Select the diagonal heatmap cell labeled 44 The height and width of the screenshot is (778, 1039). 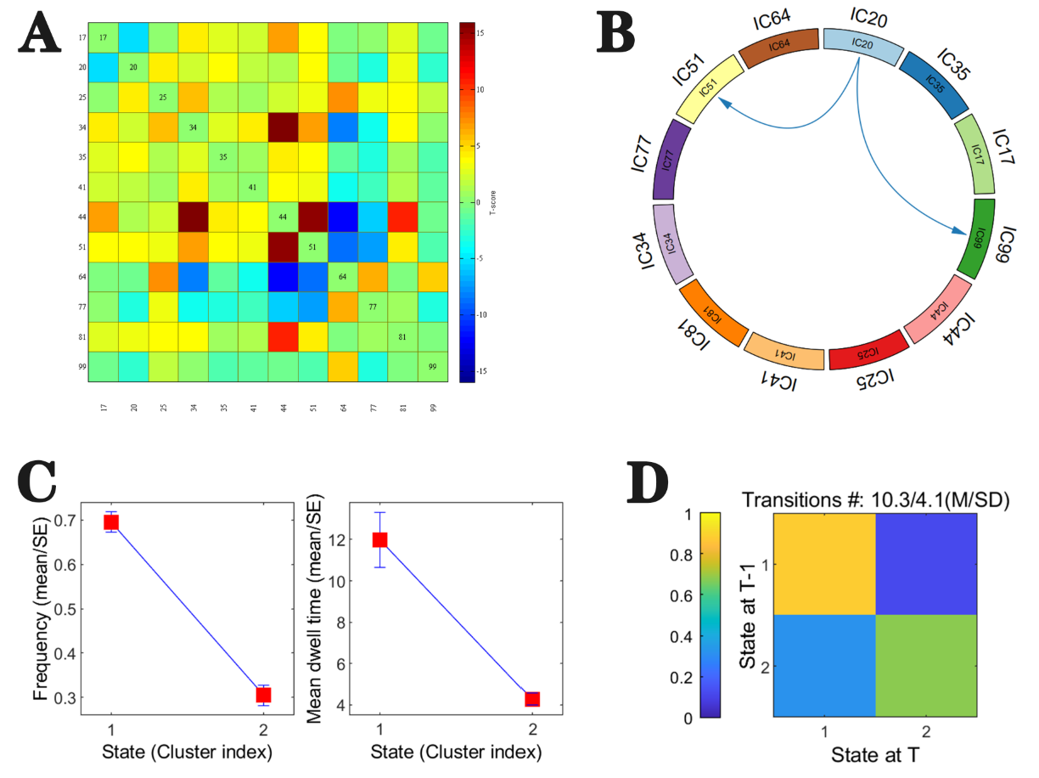tap(284, 217)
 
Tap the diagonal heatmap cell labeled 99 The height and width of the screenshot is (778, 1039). tap(432, 366)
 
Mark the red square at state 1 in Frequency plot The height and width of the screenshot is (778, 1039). tap(110, 521)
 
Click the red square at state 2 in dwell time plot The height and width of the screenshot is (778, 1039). tap(532, 699)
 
